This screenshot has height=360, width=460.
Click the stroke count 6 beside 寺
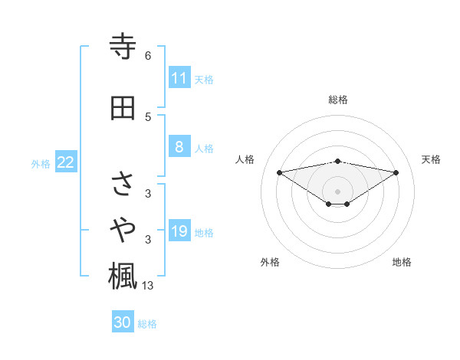click(x=148, y=56)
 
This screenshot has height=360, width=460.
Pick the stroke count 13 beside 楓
click(x=149, y=286)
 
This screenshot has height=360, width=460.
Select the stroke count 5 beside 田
click(x=148, y=116)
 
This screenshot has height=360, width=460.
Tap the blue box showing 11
click(x=179, y=78)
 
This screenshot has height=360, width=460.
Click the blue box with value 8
click(x=179, y=147)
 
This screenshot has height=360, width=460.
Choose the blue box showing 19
click(x=179, y=231)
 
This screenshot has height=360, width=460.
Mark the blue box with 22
click(x=66, y=162)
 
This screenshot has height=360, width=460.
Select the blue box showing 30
click(x=123, y=322)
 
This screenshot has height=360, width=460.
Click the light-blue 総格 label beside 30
click(x=147, y=324)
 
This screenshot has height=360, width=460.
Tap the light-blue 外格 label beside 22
click(x=41, y=163)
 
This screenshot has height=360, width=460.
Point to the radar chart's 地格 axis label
click(x=402, y=262)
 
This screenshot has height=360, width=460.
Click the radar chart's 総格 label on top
click(x=338, y=100)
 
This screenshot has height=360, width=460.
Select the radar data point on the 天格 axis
click(x=396, y=172)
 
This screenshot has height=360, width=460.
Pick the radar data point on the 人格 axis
click(x=279, y=172)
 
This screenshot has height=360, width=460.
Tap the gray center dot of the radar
click(x=337, y=191)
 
